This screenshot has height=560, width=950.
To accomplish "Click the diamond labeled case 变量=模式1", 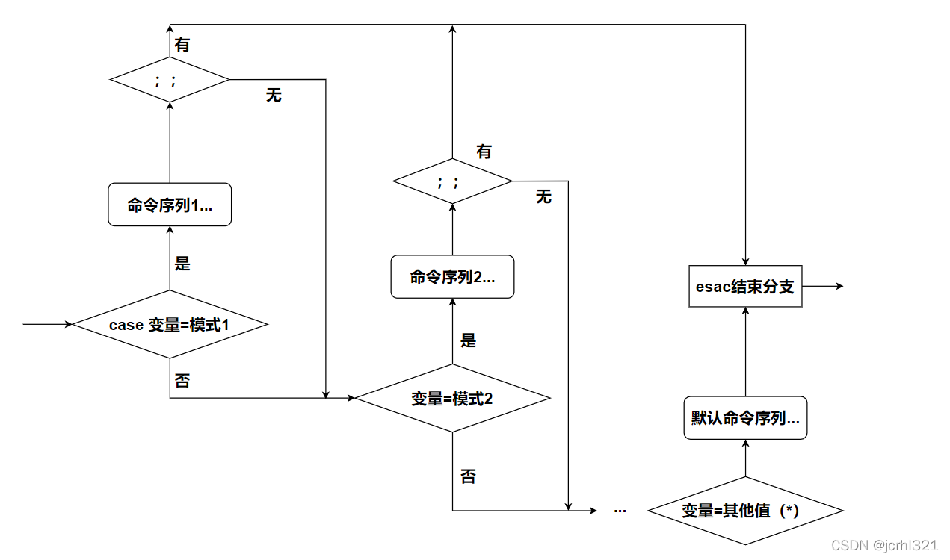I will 170,325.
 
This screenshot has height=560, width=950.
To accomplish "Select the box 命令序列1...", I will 170,205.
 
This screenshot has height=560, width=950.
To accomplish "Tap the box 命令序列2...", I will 452,277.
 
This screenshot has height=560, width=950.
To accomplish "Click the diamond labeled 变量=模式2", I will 452,398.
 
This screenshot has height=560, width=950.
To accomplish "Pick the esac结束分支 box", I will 744,287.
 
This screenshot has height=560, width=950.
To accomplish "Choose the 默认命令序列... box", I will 745,418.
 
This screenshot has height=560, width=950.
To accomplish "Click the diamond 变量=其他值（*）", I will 745,511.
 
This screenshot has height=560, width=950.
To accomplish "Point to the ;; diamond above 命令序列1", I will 170,79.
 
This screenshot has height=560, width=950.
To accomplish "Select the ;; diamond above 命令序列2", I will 452,181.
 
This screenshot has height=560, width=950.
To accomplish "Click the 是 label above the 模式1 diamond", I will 182,264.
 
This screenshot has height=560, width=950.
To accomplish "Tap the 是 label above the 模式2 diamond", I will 468,341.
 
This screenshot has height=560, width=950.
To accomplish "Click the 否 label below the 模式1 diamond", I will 182,382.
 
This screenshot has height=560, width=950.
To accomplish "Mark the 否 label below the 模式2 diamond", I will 468,476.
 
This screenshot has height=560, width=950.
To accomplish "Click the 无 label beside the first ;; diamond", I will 274,96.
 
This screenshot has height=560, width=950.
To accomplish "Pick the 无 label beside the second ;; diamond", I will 543,196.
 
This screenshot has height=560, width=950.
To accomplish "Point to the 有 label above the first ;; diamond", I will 182,45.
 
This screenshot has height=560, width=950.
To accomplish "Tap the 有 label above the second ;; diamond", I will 484,152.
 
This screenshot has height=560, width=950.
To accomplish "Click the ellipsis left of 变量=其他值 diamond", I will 620,510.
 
